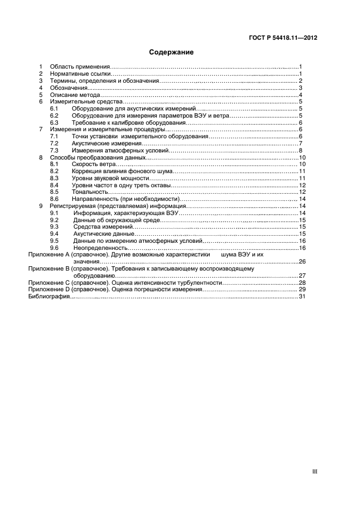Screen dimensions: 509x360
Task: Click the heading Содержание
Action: [172, 53]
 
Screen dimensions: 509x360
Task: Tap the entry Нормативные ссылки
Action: [81, 73]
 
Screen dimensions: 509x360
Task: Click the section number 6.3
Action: [54, 122]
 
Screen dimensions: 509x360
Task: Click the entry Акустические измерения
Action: [102, 143]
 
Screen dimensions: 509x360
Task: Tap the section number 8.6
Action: [54, 199]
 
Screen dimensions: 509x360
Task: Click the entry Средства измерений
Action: [103, 227]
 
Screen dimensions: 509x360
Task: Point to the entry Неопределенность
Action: [100, 248]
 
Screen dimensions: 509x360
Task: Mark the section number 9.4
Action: [54, 234]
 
